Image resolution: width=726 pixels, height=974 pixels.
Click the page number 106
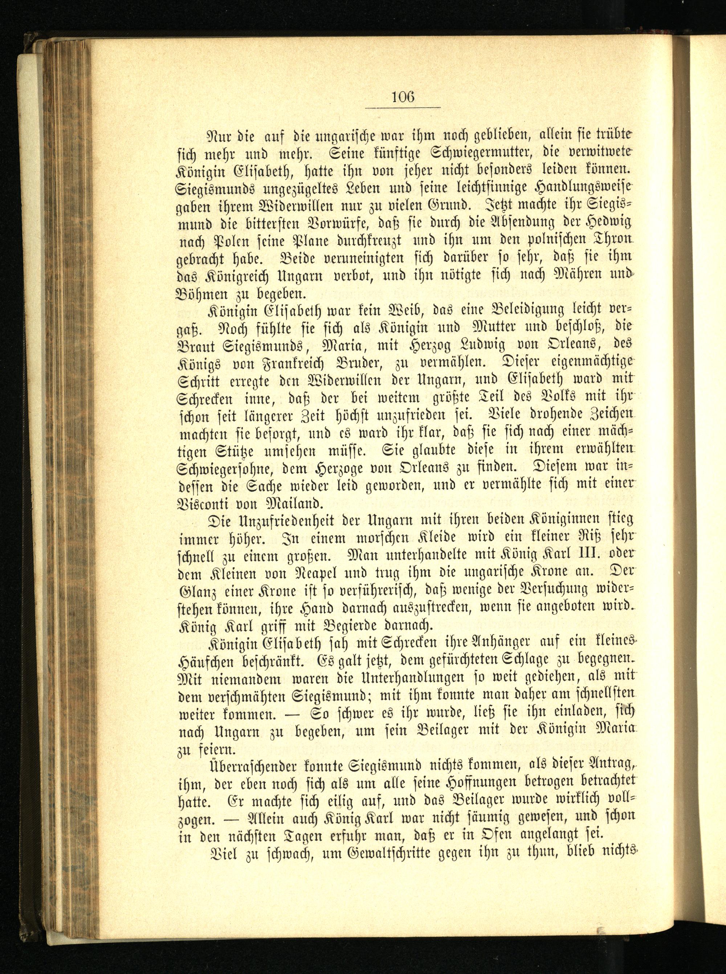(403, 96)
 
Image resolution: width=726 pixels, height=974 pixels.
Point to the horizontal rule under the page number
(403, 107)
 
